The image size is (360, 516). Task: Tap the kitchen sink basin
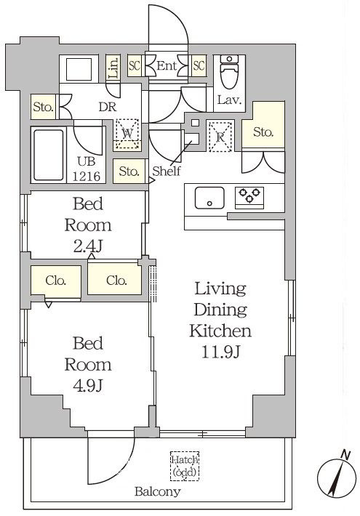coord(209,198)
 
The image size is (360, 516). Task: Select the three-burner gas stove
coord(249,198)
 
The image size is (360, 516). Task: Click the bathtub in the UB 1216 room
coord(49,155)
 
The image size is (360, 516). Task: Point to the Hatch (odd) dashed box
coord(185,466)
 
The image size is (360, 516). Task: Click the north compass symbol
coord(337,477)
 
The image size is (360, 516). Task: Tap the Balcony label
coord(158,492)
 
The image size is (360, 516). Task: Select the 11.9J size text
coord(220,352)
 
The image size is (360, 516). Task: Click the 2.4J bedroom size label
coord(88,246)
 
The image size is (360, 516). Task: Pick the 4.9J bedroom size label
coord(88,385)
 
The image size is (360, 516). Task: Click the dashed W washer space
coord(127,134)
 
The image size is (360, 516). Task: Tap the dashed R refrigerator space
coord(220,137)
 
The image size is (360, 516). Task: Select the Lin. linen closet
coord(113,68)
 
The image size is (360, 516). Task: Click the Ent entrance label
coord(167,66)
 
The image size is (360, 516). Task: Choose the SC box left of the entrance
coord(135,66)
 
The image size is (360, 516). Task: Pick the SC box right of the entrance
coord(199,66)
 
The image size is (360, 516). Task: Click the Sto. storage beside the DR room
coord(44,107)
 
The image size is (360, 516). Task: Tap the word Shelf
coord(167,171)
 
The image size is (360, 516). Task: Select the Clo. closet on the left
coord(56,281)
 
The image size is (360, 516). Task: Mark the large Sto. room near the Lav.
coord(263,125)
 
